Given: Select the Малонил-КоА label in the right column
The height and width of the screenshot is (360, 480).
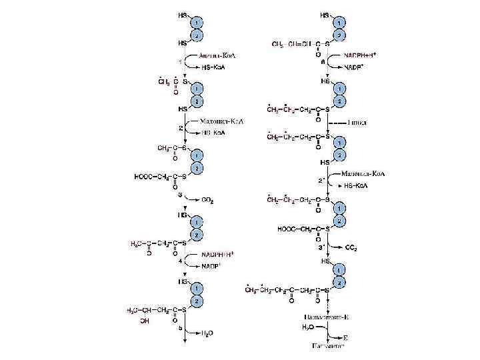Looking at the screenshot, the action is tap(364, 174).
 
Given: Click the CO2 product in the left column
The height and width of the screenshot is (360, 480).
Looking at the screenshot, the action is tap(208, 198).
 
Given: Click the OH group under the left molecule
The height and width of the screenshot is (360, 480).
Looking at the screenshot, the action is tap(145, 321).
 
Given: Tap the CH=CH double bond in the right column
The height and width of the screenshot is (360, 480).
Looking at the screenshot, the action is tap(297, 44).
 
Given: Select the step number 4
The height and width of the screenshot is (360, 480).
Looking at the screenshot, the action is tap(180, 261).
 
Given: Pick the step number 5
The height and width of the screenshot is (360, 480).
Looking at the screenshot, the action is tap(180, 328).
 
